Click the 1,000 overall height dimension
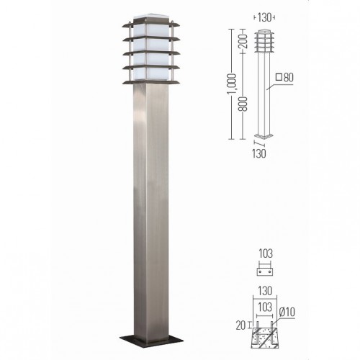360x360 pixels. pyautogui.click(x=232, y=84)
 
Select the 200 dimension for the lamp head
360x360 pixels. pyautogui.click(x=243, y=41)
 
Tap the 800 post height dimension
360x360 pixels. pyautogui.click(x=243, y=104)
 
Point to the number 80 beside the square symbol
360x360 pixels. pyautogui.click(x=288, y=78)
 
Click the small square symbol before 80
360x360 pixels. pyautogui.click(x=279, y=77)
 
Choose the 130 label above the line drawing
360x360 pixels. pyautogui.click(x=264, y=17)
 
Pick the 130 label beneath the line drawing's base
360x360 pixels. pyautogui.click(x=259, y=153)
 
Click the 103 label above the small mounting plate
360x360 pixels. pyautogui.click(x=266, y=254)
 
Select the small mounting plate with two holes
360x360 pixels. pyautogui.click(x=265, y=271)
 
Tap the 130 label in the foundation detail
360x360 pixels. pyautogui.click(x=265, y=291)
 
